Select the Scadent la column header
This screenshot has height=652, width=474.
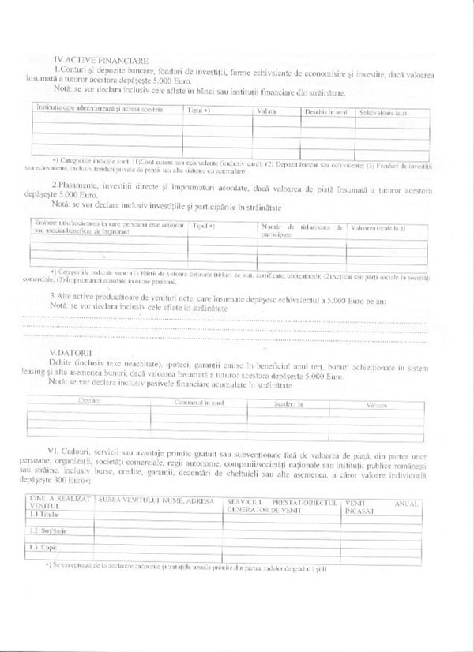tap(289, 403)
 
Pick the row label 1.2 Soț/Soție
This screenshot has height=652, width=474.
tap(48, 531)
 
